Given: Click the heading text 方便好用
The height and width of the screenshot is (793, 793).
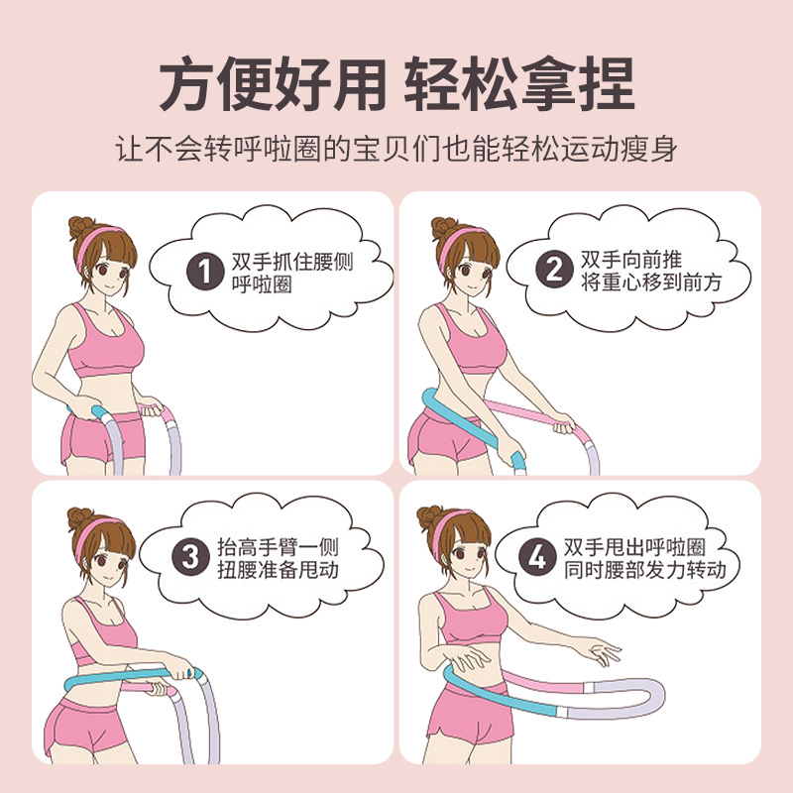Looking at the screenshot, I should (273, 86).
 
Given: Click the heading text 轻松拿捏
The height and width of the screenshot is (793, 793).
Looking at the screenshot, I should (519, 86).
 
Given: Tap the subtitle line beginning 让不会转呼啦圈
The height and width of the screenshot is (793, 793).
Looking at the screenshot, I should (396, 151).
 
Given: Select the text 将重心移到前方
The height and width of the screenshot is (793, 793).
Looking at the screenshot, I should (651, 283).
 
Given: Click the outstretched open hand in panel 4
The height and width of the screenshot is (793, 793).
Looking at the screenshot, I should (600, 651).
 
